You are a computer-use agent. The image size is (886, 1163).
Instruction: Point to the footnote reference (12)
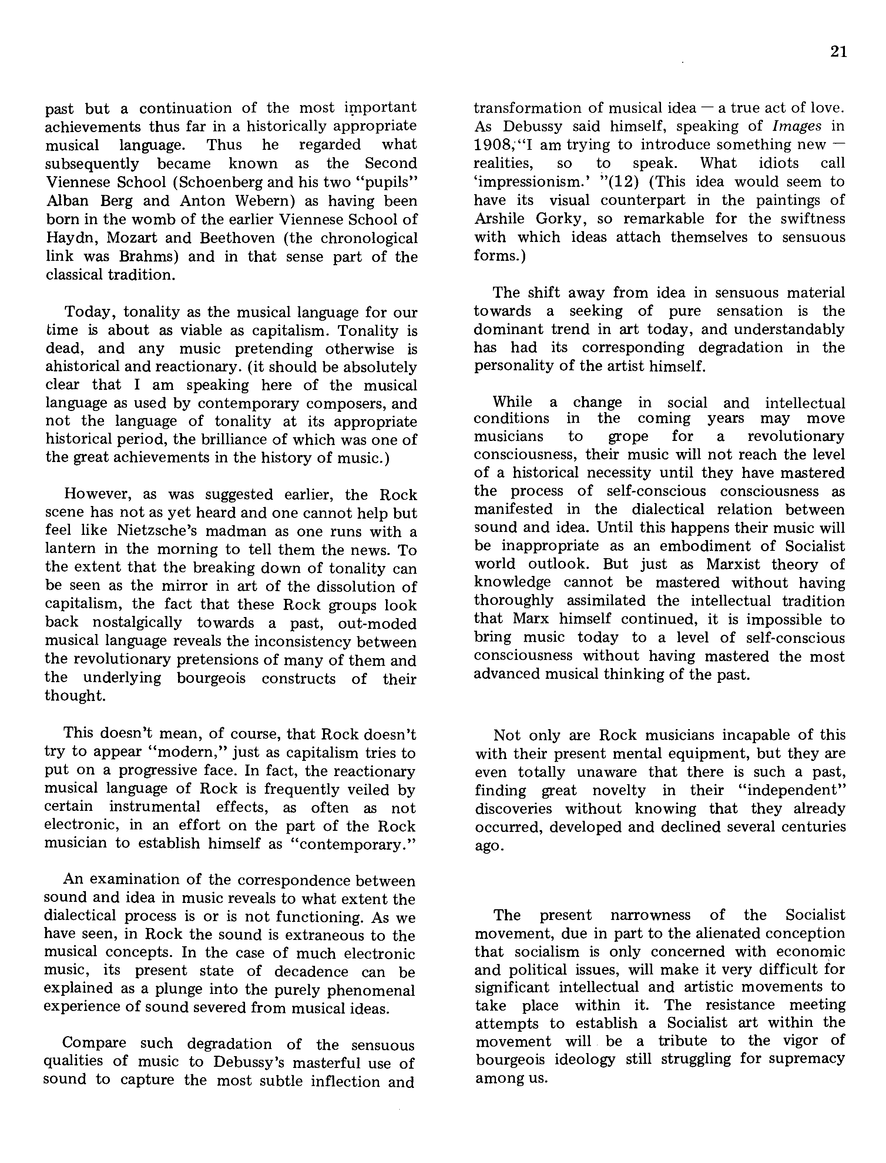624,182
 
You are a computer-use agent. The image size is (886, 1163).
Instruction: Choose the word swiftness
809,219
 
